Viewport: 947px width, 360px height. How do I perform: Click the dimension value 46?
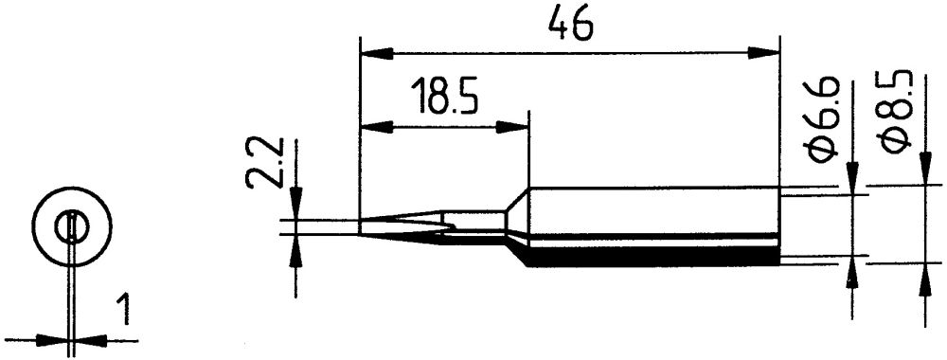(569, 25)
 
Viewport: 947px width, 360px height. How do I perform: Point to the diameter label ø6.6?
(823, 120)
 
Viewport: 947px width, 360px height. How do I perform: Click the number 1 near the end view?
(121, 310)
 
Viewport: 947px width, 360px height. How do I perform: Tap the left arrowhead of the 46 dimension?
(371, 51)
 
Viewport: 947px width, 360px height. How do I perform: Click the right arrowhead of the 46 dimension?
(767, 51)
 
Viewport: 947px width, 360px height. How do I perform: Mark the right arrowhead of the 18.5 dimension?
(517, 125)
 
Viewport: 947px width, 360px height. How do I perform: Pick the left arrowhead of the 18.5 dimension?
(371, 125)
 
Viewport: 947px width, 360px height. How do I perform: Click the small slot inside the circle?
(72, 228)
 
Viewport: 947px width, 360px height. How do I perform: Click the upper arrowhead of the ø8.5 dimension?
(924, 175)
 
